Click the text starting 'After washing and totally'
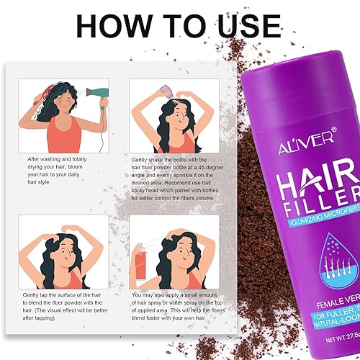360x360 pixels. [66, 166]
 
